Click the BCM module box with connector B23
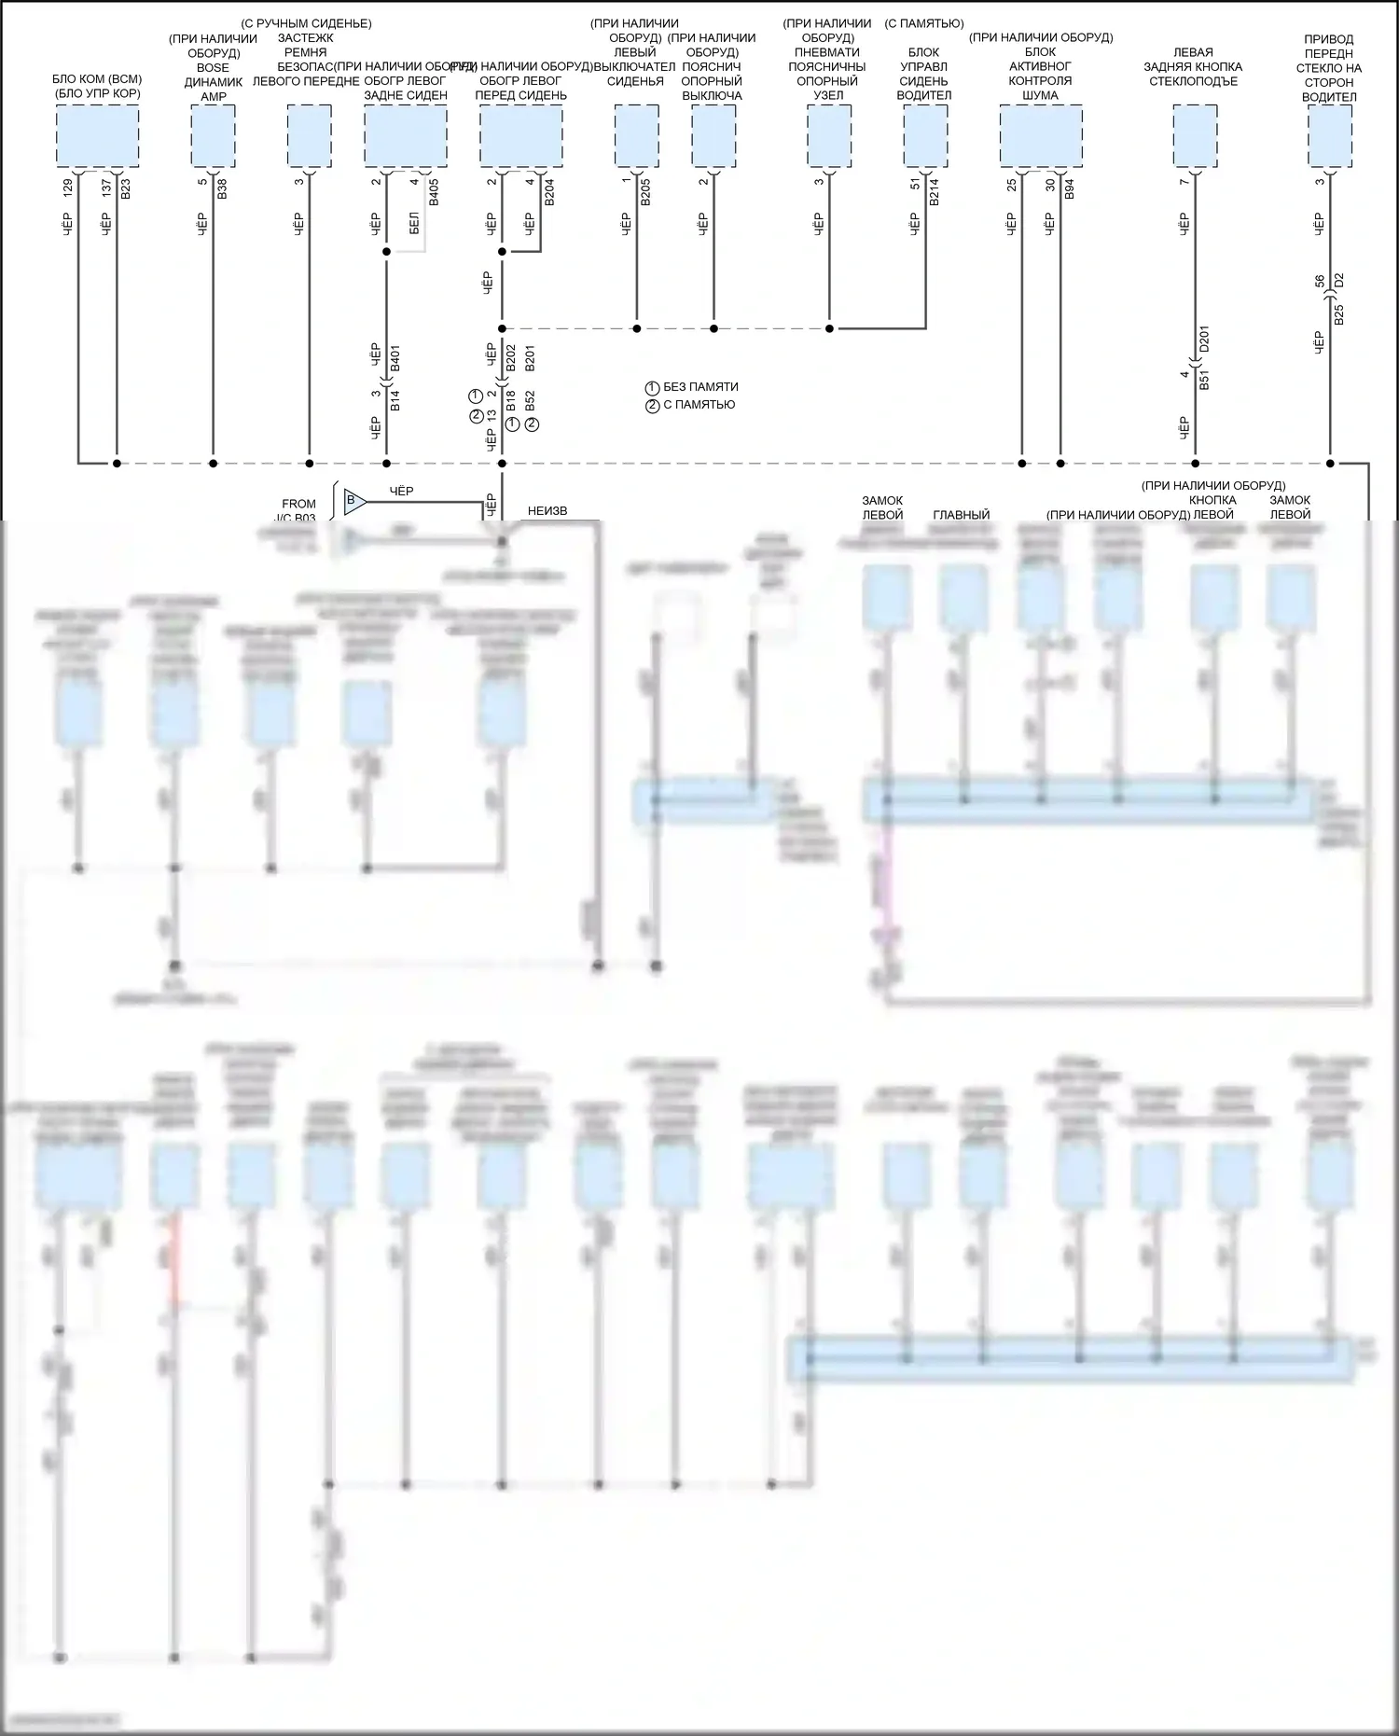(x=98, y=136)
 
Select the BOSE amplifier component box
(x=213, y=136)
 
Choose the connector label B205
(x=645, y=190)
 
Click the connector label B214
(x=935, y=190)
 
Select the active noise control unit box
(x=1041, y=136)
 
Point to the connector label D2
(x=1339, y=280)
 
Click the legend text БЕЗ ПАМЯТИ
(x=700, y=387)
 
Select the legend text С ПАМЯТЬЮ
(x=699, y=405)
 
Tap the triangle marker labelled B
(x=353, y=501)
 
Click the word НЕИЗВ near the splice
(x=547, y=510)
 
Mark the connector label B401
(x=395, y=358)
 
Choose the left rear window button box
(x=1195, y=136)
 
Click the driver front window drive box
(x=1329, y=136)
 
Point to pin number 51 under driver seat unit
(x=915, y=184)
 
